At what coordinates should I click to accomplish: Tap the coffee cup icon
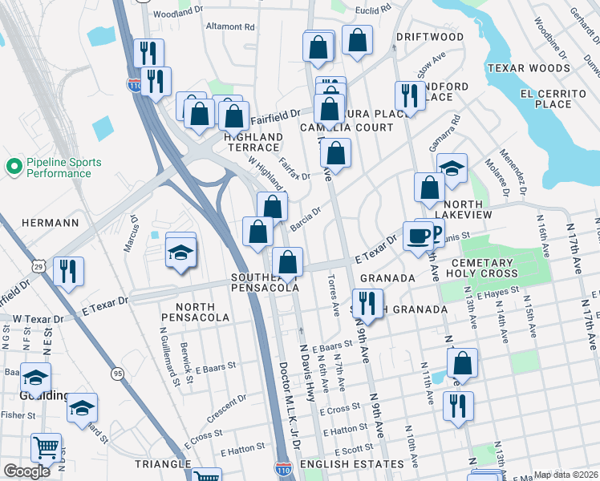(x=417, y=236)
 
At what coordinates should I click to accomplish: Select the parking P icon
(x=434, y=232)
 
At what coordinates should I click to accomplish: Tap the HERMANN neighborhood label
(x=50, y=222)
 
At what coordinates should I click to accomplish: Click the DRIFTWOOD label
(x=429, y=37)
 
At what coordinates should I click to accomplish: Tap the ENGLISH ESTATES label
(x=346, y=464)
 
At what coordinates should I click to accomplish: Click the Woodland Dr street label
(x=177, y=14)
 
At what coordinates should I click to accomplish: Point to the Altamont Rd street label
(x=230, y=26)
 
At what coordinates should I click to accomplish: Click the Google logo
(x=27, y=471)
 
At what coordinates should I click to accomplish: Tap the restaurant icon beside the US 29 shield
(x=68, y=270)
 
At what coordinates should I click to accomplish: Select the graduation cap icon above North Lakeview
(x=452, y=168)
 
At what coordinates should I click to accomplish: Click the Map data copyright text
(x=566, y=475)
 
